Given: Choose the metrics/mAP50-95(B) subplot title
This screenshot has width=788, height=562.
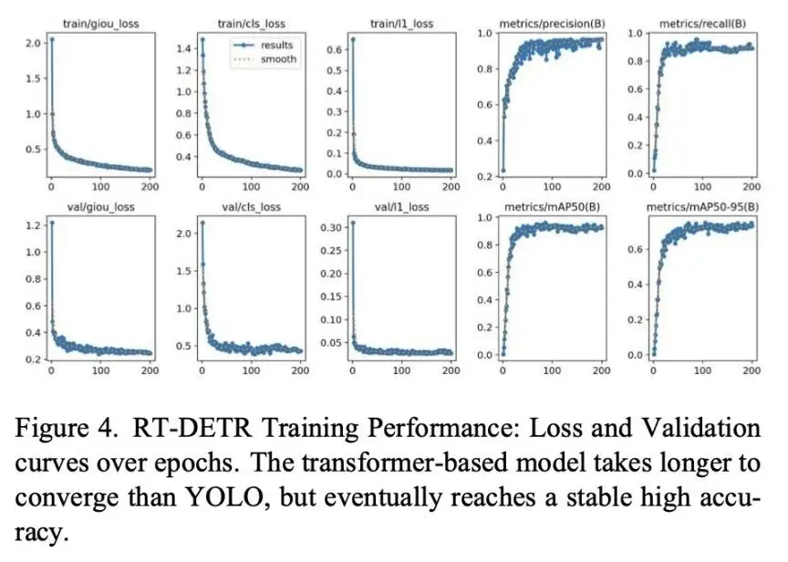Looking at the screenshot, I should tap(703, 207).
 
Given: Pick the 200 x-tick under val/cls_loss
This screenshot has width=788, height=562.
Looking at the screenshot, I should tap(302, 370).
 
